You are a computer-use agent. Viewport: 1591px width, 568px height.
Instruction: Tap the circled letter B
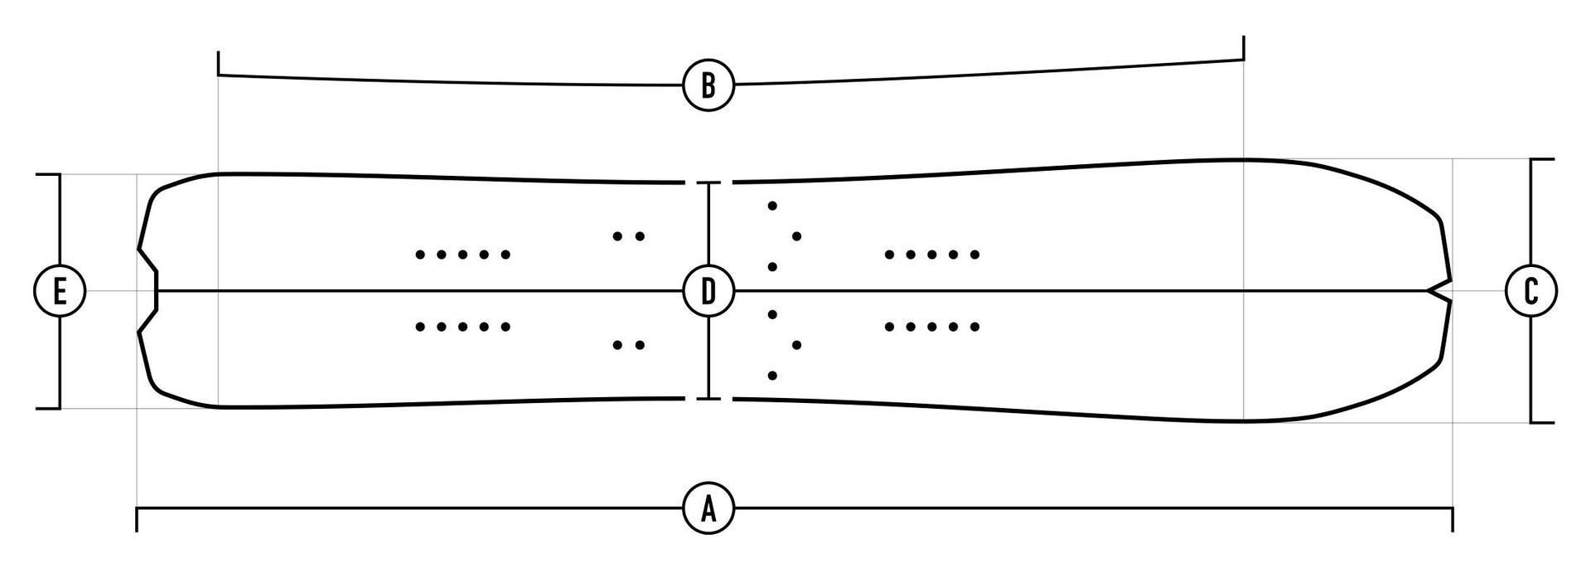click(x=708, y=85)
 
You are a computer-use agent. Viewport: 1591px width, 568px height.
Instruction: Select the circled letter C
click(x=1531, y=291)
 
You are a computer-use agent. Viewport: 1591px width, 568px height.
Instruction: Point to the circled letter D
click(x=708, y=291)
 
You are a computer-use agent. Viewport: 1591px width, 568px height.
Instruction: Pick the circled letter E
click(x=60, y=291)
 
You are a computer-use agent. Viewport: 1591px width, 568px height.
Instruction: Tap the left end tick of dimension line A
click(x=137, y=519)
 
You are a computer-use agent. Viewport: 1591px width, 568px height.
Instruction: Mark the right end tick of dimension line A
click(x=1453, y=519)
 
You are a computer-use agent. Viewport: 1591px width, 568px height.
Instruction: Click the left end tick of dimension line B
click(x=219, y=63)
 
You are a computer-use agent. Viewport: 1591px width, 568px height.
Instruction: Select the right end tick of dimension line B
click(x=1244, y=47)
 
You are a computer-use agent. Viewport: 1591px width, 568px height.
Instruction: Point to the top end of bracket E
click(x=48, y=175)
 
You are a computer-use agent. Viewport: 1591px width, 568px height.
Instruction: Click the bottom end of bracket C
click(x=1542, y=422)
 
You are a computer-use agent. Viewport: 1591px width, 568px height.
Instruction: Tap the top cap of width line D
click(x=708, y=182)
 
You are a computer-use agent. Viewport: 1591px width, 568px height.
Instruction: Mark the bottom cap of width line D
click(x=708, y=399)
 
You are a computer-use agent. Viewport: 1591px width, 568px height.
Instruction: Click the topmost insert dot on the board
click(x=772, y=205)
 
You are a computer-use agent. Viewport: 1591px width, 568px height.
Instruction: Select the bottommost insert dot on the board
click(x=772, y=376)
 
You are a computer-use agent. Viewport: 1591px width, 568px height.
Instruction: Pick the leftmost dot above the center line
click(x=420, y=255)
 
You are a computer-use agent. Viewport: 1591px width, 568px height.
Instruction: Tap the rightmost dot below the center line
click(x=975, y=328)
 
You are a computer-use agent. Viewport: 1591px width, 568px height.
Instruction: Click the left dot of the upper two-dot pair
click(x=617, y=236)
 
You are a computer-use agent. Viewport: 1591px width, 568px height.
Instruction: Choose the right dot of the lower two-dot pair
click(x=640, y=345)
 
